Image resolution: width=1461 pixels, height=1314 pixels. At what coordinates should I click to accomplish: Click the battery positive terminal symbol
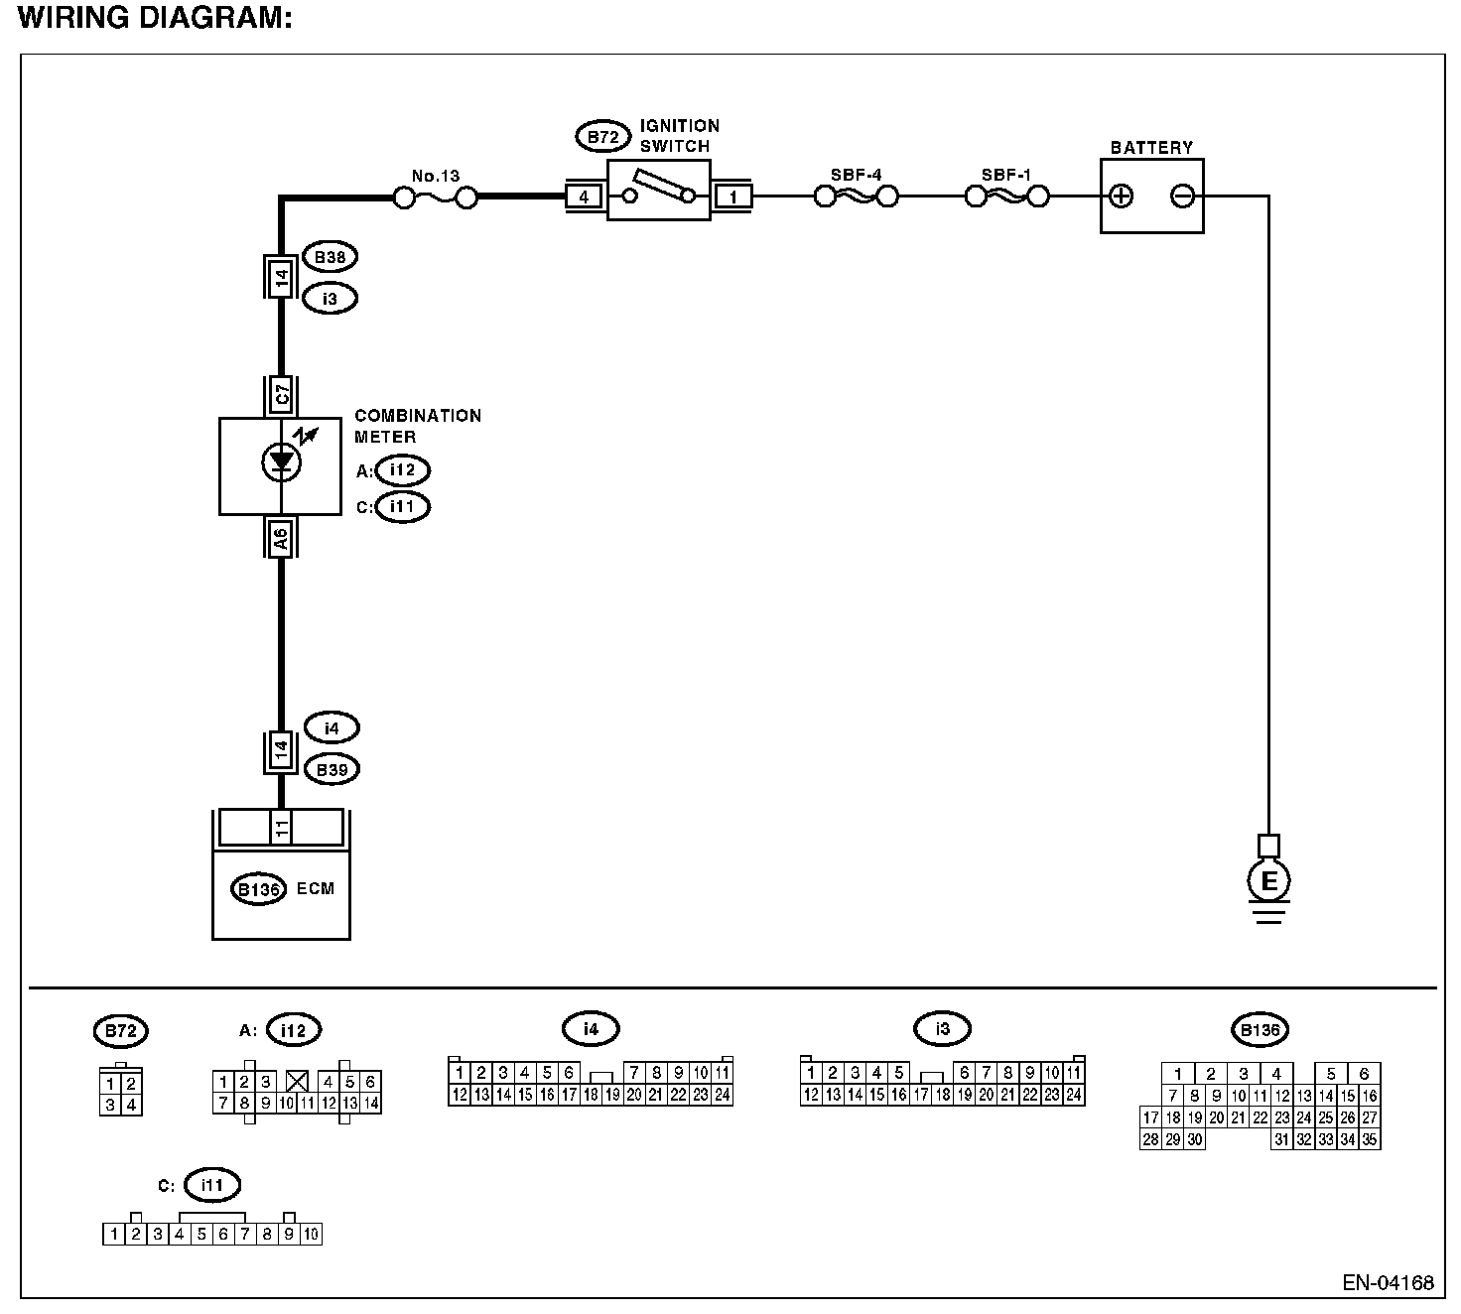(x=1121, y=197)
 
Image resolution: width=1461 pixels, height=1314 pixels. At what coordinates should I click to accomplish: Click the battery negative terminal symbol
(x=1182, y=197)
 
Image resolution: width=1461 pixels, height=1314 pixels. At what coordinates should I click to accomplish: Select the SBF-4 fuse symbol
(x=856, y=197)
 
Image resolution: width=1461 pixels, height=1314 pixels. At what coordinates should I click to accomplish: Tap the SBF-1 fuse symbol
(x=1006, y=197)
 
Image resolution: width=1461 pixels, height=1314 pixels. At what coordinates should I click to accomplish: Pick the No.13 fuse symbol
(x=436, y=198)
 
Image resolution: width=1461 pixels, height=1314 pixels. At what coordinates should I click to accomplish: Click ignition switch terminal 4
(x=584, y=197)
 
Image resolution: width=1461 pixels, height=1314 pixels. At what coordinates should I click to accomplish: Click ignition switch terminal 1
(x=732, y=197)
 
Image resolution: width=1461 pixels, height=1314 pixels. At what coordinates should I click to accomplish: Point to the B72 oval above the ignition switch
(x=602, y=137)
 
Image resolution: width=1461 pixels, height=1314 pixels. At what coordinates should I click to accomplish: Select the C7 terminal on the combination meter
(x=282, y=396)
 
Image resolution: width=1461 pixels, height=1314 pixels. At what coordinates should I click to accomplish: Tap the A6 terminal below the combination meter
(x=282, y=538)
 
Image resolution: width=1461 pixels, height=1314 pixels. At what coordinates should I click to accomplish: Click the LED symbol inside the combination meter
(x=282, y=460)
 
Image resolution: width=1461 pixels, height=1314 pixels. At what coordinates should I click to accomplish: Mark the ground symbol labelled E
(x=1268, y=881)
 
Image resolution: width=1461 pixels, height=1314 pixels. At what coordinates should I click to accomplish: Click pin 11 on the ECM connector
(x=282, y=827)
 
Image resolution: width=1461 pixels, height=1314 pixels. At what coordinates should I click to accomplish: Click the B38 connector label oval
(x=330, y=257)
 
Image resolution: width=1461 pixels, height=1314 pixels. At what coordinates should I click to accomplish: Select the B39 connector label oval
(x=332, y=769)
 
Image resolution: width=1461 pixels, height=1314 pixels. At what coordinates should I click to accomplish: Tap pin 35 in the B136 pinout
(x=1369, y=1140)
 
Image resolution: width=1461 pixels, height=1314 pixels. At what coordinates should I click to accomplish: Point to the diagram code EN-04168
(x=1388, y=1283)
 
